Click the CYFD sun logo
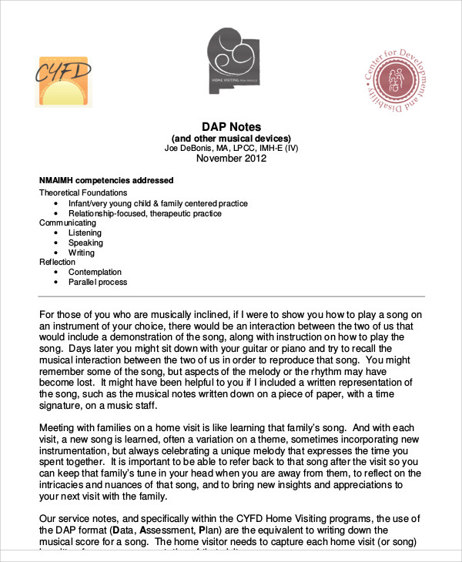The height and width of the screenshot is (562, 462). click(x=63, y=81)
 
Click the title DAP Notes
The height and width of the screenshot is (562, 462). click(x=232, y=126)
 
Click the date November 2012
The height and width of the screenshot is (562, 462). click(x=231, y=159)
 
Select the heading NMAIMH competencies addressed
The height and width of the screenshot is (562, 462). click(x=105, y=180)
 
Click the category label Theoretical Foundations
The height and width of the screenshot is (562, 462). click(x=83, y=192)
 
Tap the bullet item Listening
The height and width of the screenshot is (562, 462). click(x=85, y=232)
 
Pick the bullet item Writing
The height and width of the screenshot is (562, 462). click(x=82, y=253)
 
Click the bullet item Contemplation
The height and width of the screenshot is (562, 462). click(x=95, y=272)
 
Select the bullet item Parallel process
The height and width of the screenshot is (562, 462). click(x=98, y=282)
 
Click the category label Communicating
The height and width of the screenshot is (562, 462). click(x=69, y=222)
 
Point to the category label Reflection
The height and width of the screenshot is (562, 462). click(x=58, y=263)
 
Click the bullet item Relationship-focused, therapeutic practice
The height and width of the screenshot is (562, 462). click(x=145, y=213)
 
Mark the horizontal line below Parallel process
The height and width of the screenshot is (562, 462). click(x=231, y=296)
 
